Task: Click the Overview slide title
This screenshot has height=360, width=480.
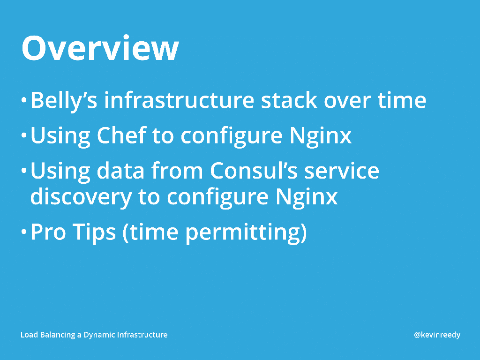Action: (100, 48)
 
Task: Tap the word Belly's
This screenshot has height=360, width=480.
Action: (64, 100)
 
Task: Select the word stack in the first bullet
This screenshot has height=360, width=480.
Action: (289, 100)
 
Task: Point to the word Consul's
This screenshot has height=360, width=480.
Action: (254, 170)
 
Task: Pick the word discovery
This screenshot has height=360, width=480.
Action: (81, 197)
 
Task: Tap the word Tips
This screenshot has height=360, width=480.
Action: (94, 232)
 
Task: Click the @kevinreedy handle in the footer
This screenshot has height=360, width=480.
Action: (437, 335)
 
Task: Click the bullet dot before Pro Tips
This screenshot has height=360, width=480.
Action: (24, 232)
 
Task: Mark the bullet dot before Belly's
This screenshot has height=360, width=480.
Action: (24, 100)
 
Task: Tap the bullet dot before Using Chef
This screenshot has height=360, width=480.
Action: (24, 135)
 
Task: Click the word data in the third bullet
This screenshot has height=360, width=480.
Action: (120, 170)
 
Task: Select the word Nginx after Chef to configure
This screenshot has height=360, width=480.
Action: (320, 136)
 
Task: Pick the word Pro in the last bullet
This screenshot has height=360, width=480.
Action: (48, 232)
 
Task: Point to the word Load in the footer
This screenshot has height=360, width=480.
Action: (29, 335)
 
